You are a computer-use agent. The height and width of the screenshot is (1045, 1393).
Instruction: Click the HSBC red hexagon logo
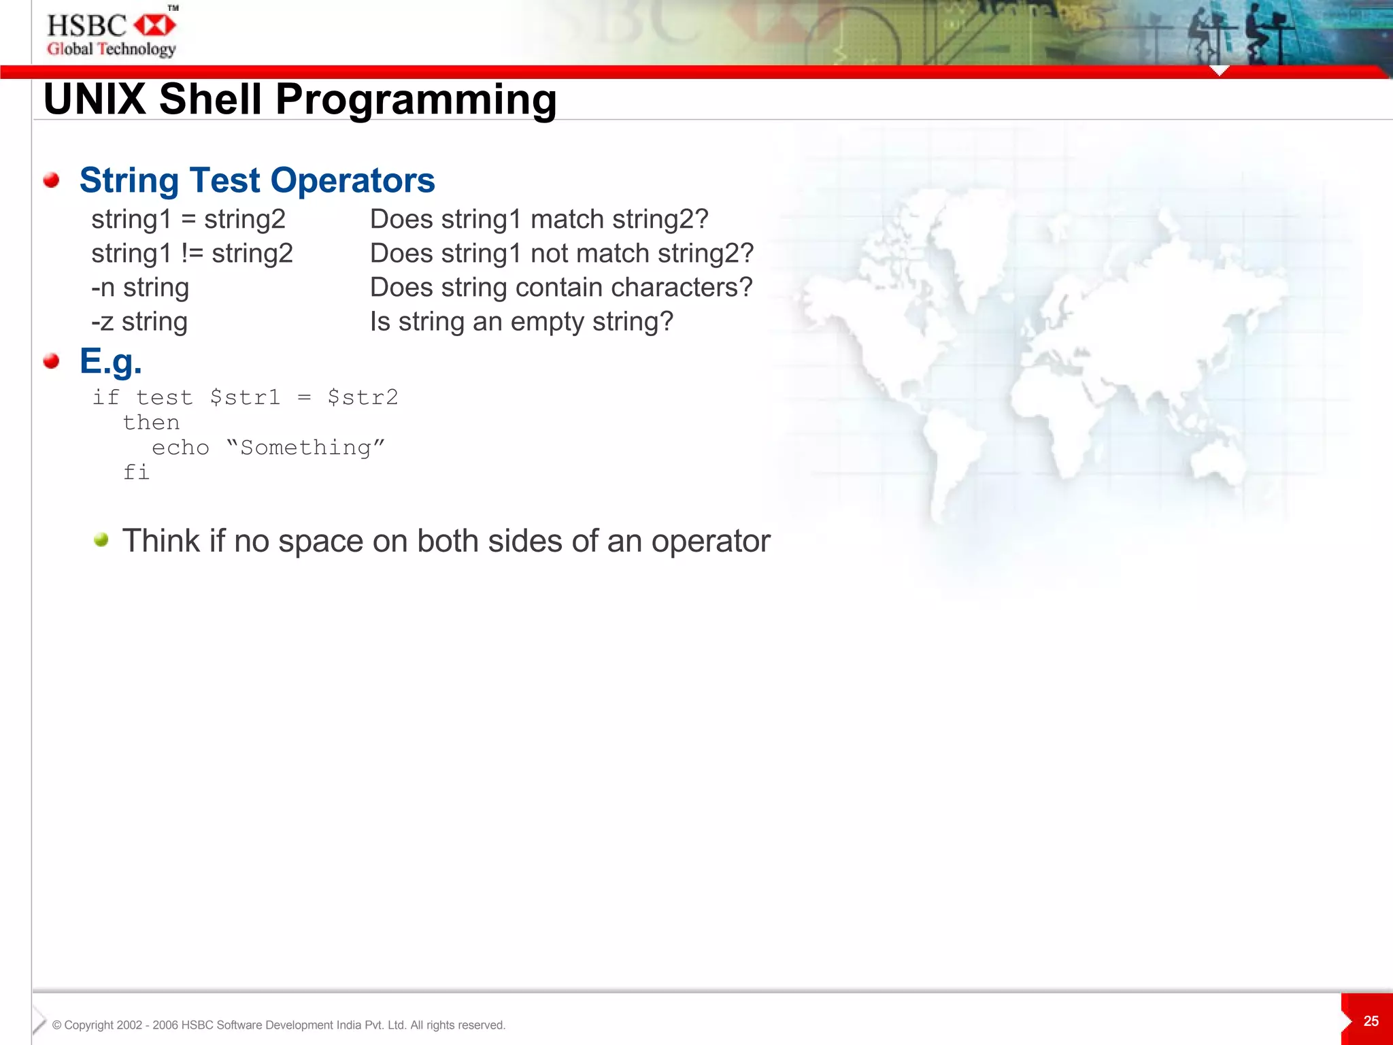155,26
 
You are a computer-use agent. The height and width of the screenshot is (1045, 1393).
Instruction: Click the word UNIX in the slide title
95,99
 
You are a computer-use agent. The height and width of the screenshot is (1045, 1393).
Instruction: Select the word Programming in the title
416,99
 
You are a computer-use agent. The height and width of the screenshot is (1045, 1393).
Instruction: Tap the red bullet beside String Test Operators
51,180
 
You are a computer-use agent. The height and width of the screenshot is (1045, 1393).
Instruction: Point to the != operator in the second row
192,253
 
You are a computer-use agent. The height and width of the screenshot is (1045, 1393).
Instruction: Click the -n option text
103,288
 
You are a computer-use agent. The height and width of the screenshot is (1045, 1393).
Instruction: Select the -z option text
102,322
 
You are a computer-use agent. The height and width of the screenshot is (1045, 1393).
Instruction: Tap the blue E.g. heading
111,361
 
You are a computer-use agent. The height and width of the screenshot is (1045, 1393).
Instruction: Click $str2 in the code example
363,397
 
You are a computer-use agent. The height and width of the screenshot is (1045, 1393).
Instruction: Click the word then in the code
151,422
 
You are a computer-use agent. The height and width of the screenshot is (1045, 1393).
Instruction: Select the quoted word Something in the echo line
305,448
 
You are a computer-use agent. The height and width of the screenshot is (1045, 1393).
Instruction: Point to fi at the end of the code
136,472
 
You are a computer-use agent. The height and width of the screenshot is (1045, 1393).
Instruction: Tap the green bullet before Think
101,540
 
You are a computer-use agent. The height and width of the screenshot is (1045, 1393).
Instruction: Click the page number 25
1371,1021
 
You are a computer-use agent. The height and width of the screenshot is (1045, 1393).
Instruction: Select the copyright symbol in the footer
57,1025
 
